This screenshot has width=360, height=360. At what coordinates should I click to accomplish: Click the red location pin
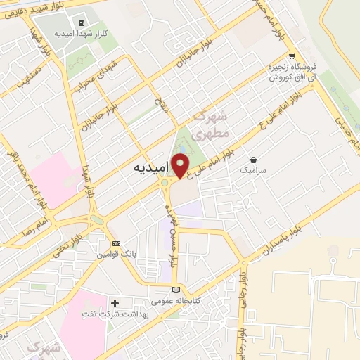(x=181, y=165)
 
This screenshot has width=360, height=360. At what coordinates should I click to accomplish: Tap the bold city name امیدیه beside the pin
(x=151, y=169)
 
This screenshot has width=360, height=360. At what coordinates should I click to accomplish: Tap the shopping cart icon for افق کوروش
(x=291, y=56)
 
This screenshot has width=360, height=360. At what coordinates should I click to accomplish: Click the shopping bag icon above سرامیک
(x=252, y=159)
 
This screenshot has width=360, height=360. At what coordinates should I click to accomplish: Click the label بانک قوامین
(x=116, y=254)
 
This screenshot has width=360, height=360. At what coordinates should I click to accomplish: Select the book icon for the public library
(x=176, y=290)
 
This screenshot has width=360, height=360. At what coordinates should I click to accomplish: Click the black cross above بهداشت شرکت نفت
(x=115, y=303)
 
